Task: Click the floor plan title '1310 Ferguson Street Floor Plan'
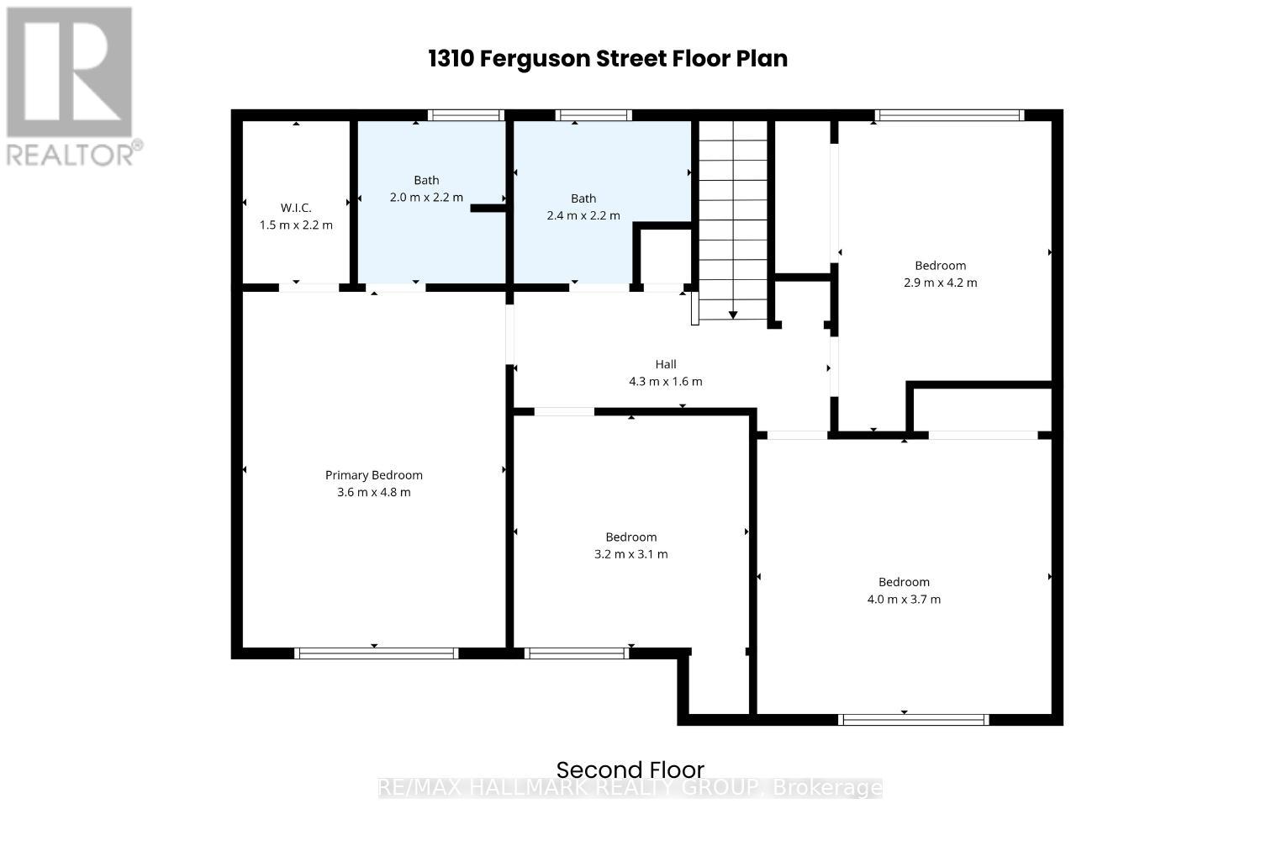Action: coord(607,59)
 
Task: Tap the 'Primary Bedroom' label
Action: coord(373,475)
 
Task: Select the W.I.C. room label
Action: coord(296,208)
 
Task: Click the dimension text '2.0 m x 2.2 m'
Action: coord(426,198)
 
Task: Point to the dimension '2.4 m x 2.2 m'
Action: coord(583,215)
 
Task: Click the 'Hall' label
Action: coord(666,364)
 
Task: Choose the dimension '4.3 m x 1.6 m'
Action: coord(666,382)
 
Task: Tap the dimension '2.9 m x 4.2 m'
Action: coord(940,283)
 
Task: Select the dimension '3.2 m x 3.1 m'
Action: coord(630,554)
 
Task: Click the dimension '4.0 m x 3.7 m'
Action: coord(904,600)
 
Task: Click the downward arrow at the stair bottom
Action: coord(733,315)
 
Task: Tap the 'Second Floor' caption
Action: coord(630,770)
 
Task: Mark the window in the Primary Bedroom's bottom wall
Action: coord(376,653)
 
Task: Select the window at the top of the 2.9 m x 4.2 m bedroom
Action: coord(949,115)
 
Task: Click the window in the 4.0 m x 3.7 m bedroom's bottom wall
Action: coord(913,719)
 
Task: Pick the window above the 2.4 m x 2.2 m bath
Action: coord(593,115)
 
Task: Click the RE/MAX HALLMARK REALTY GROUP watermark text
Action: coord(630,788)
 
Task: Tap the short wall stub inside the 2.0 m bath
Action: coord(488,207)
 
